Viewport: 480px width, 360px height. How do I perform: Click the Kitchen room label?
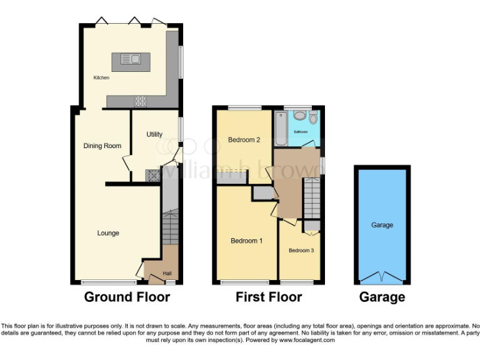tap(101, 77)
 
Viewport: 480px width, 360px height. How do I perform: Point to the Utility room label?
tap(154, 134)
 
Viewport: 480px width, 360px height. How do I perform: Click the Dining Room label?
tap(102, 146)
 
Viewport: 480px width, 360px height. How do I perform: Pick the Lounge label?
tap(108, 233)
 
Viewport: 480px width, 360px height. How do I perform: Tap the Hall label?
tap(167, 273)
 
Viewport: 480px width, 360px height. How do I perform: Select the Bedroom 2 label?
tap(244, 139)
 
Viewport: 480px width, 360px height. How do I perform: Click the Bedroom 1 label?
tap(246, 241)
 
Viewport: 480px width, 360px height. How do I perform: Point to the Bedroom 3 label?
tap(301, 251)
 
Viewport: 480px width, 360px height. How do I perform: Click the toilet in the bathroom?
tap(313, 117)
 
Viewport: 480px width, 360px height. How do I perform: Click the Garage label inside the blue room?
tap(382, 225)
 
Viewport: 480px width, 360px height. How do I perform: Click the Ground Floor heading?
tap(127, 297)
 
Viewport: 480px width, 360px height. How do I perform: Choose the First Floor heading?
tap(269, 297)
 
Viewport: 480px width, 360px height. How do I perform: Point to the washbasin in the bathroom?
tap(299, 115)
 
